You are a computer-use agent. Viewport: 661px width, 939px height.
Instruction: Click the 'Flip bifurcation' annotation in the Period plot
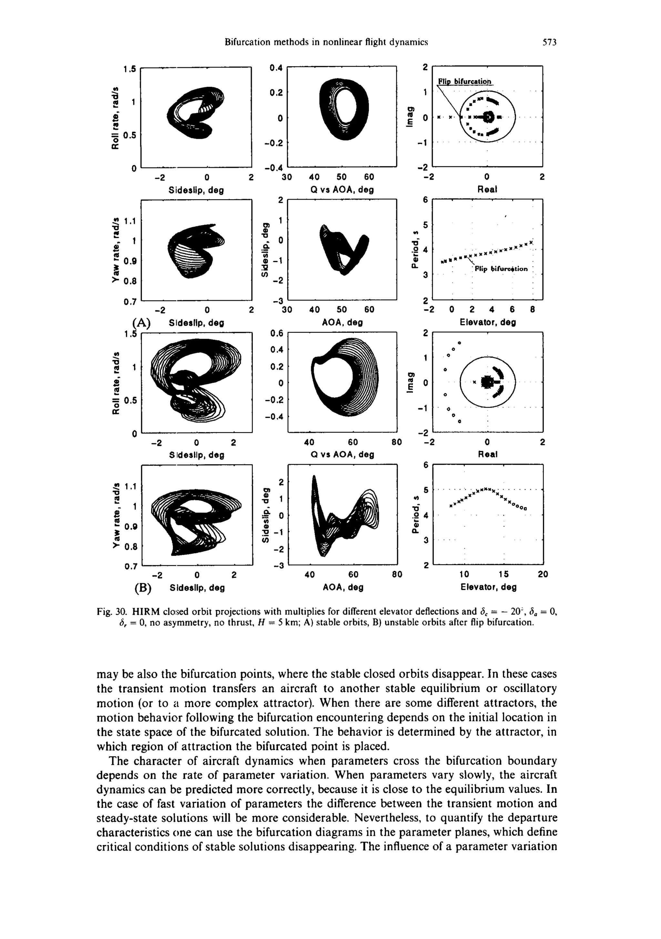point(501,269)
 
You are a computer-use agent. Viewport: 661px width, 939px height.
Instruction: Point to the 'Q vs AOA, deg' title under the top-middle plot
point(342,190)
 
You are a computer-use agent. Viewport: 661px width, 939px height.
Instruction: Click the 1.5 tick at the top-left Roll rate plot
point(129,69)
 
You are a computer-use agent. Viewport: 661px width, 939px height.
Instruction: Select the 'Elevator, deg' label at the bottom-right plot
point(489,587)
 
